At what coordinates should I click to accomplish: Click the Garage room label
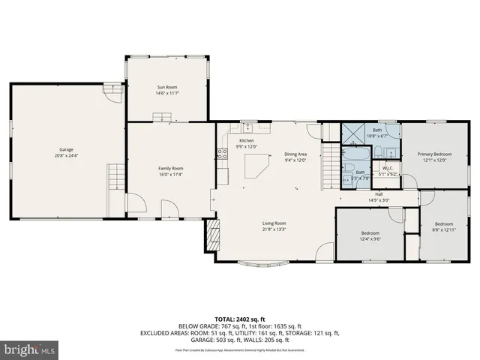(x=56, y=150)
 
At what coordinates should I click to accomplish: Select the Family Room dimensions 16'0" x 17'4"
(x=170, y=174)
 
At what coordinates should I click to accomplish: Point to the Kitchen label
(x=246, y=141)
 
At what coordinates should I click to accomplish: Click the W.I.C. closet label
(x=388, y=168)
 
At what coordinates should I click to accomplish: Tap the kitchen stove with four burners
(x=222, y=154)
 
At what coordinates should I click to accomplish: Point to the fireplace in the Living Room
(x=214, y=238)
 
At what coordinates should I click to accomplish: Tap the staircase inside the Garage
(x=114, y=179)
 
